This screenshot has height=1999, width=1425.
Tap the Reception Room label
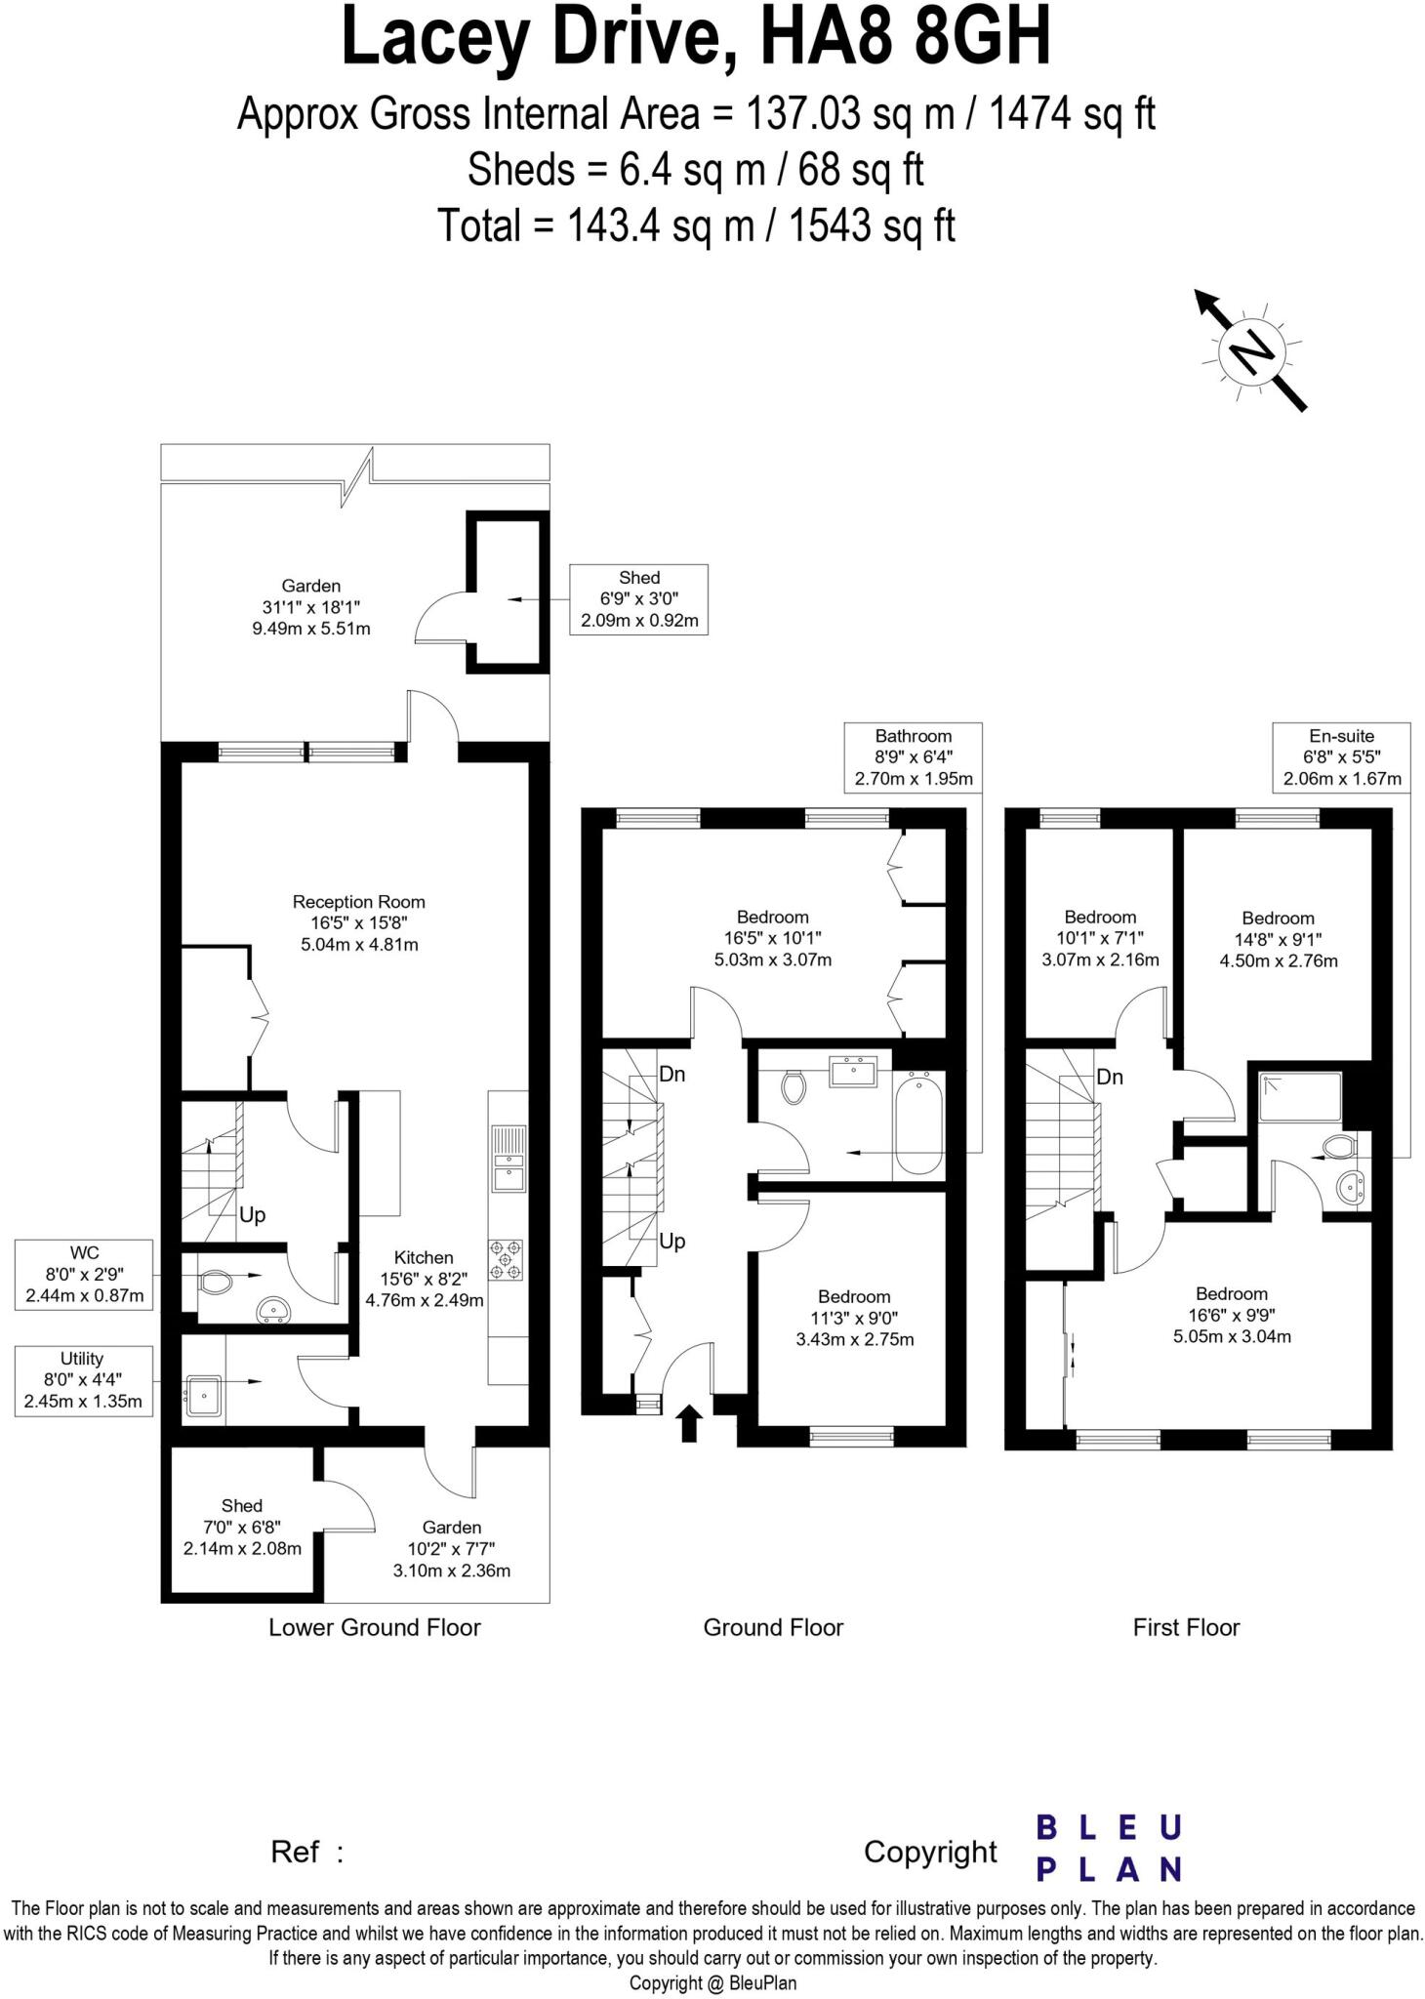coord(358,922)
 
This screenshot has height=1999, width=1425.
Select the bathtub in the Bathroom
coord(918,1123)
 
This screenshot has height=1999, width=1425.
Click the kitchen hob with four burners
coord(506,1259)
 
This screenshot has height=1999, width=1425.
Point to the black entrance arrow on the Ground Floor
coord(689,1423)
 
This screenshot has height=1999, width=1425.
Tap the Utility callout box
coord(83,1380)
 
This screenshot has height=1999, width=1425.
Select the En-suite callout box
coord(1341,756)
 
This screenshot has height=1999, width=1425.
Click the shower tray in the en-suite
coord(1300,1096)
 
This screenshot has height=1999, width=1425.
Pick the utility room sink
coord(203,1395)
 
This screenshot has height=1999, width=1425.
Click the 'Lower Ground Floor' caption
coord(375,1627)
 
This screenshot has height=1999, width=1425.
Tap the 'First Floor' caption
coord(1186,1627)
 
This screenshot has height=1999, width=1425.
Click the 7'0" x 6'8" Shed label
coord(242,1527)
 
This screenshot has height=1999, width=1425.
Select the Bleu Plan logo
coord(1109,1847)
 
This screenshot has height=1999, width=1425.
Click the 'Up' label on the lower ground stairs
coord(252,1215)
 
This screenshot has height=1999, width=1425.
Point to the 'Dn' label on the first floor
coord(1110,1077)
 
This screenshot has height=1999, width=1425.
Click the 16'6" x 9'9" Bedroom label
coord(1232,1315)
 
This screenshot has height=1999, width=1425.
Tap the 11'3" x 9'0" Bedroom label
coord(854,1318)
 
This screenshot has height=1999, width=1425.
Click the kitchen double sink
coord(508,1159)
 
